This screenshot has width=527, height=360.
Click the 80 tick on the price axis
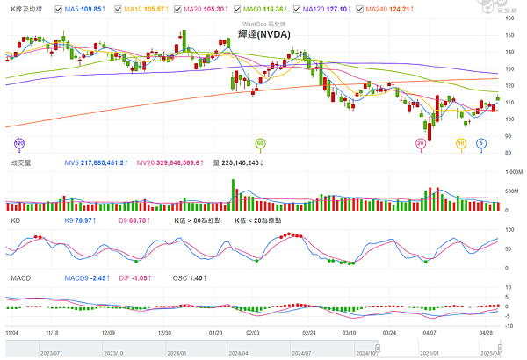[510, 153]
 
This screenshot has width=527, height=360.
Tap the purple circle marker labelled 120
[19, 142]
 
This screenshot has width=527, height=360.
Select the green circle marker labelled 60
[260, 142]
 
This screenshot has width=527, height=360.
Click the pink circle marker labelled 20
[421, 142]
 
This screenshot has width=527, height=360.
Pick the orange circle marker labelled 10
[461, 142]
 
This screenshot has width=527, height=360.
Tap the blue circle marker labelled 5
[481, 142]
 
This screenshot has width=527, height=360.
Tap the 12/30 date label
[164, 334]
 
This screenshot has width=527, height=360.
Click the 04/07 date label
[430, 334]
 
